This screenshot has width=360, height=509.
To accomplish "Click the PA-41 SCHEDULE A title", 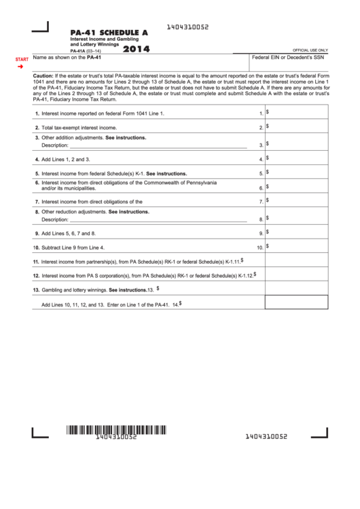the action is click(x=109, y=32).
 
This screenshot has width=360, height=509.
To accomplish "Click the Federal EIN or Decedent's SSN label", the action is click(x=288, y=58).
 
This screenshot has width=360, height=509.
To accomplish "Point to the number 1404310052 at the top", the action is click(x=187, y=27).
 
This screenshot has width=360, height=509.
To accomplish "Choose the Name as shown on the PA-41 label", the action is click(x=67, y=58).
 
